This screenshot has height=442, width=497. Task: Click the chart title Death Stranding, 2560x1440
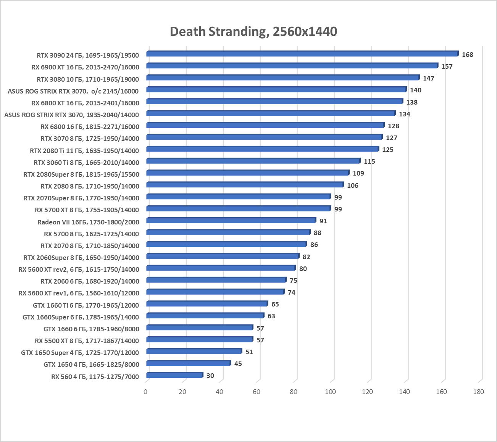(253, 31)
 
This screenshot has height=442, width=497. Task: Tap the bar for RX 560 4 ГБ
(174, 375)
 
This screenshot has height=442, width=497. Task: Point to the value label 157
(447, 66)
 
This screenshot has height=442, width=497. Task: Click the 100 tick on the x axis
(331, 392)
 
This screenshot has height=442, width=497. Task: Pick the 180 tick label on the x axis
(478, 392)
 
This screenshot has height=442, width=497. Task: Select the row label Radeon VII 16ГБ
(88, 222)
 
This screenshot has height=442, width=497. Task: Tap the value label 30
(210, 376)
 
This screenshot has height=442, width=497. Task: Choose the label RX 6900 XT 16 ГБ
(85, 67)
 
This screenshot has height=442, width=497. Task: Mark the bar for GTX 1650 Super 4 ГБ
(194, 352)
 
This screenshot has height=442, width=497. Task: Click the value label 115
(369, 161)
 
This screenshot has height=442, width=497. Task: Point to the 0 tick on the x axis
(145, 392)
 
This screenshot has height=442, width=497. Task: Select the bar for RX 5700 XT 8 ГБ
(238, 209)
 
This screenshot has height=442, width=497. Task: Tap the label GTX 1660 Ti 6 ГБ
(86, 305)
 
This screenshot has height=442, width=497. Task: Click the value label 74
(291, 292)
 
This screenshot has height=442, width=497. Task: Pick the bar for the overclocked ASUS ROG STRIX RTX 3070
(276, 90)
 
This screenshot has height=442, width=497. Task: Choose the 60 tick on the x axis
(257, 392)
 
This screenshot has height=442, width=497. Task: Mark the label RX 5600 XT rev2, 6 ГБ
(79, 269)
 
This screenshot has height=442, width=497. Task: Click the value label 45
(238, 364)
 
